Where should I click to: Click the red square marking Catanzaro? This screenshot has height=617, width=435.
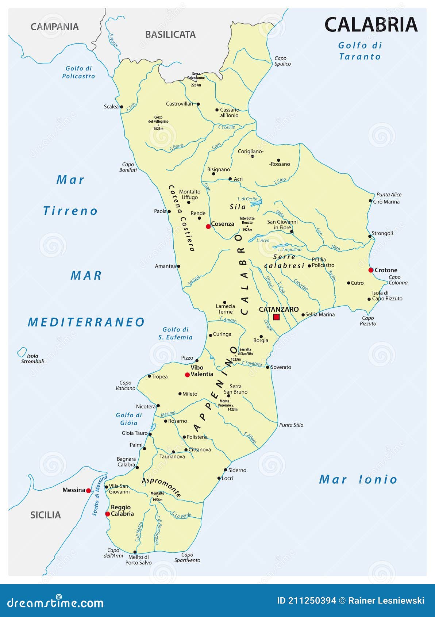click(276, 317)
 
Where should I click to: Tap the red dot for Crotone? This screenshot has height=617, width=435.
click(371, 270)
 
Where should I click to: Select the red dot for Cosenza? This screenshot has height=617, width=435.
click(208, 226)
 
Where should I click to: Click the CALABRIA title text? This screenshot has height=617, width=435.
click(371, 25)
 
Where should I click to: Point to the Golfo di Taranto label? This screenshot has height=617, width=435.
click(360, 51)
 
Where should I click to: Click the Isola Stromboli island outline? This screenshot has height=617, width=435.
click(22, 352)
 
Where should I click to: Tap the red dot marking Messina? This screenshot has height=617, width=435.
click(88, 490)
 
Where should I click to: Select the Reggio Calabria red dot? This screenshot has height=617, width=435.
click(107, 514)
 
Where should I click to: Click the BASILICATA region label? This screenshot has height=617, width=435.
click(170, 35)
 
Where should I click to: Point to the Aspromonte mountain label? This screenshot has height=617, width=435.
click(162, 487)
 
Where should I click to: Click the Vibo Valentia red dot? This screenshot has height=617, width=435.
click(187, 375)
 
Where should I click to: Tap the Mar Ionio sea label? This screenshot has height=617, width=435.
click(358, 479)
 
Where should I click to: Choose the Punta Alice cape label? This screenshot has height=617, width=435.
click(389, 195)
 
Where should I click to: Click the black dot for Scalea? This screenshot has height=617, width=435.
click(122, 107)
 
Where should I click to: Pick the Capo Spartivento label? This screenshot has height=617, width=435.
click(187, 557)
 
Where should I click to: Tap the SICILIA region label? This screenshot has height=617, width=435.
click(46, 515)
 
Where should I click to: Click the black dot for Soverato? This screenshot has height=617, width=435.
click(267, 367)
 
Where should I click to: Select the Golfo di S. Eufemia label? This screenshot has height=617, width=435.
click(175, 333)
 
